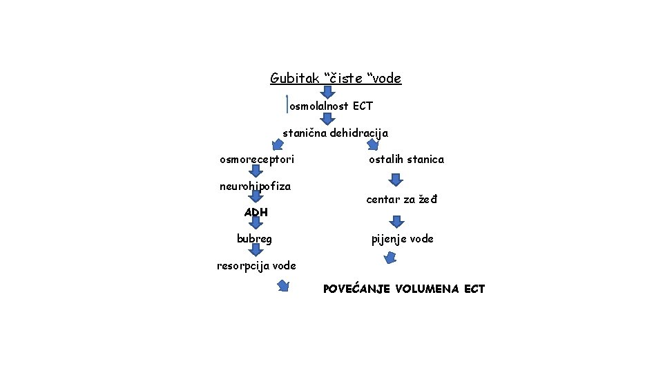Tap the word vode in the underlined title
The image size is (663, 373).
[x=387, y=79]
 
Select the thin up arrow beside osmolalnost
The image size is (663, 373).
[x=287, y=104]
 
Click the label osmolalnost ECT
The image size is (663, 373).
[x=331, y=106]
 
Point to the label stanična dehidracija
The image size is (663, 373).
[x=335, y=133]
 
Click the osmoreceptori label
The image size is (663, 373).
[x=256, y=160]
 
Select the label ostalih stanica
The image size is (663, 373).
[x=406, y=160]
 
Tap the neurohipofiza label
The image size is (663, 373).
[x=255, y=186]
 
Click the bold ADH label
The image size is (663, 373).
[x=256, y=212]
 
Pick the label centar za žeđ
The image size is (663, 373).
[x=401, y=200]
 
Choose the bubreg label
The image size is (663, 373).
[x=254, y=239]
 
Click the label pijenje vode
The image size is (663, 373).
[x=402, y=239]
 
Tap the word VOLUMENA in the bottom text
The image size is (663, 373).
[x=427, y=289]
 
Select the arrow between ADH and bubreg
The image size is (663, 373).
[x=256, y=224]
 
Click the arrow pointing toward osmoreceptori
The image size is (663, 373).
[x=277, y=145]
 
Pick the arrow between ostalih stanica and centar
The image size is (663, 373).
[x=395, y=180]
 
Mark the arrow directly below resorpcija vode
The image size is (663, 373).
[x=283, y=286]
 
